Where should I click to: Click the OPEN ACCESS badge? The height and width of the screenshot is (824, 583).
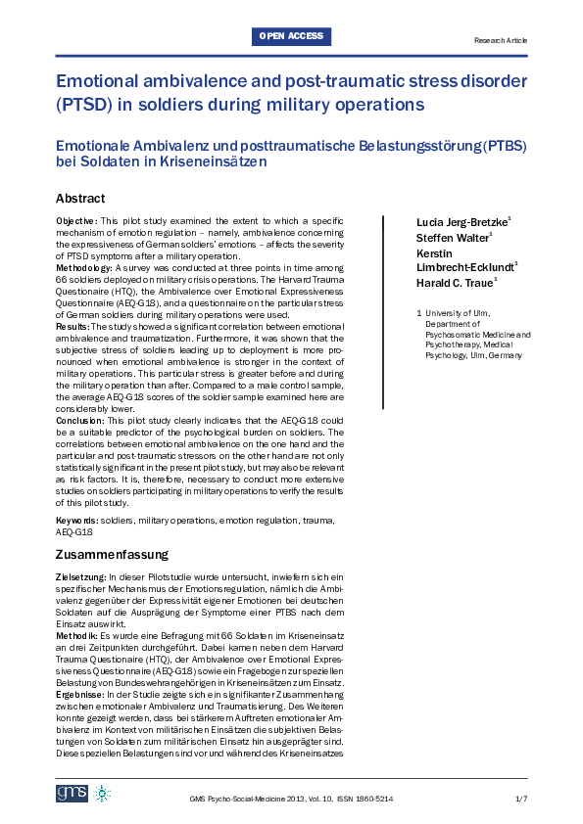[x=291, y=37]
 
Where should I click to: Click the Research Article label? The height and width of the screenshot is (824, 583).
[x=500, y=40]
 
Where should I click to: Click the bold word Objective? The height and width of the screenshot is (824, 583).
[x=74, y=221]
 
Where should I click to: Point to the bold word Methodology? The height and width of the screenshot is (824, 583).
[x=83, y=267]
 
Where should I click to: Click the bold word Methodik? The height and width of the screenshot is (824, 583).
[x=76, y=637]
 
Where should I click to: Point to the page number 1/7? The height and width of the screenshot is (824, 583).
[x=520, y=800]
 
